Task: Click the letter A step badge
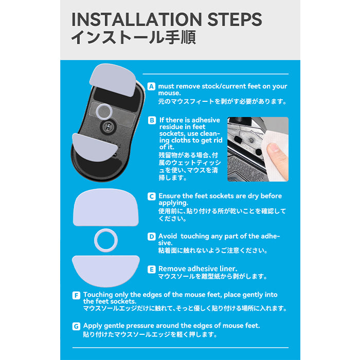(x=151, y=86)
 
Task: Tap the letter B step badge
(x=152, y=120)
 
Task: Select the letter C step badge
(x=152, y=196)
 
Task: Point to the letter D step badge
(x=152, y=237)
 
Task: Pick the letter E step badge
(x=152, y=269)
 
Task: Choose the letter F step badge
(x=76, y=295)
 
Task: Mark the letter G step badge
(x=76, y=326)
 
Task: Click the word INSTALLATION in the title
(x=137, y=20)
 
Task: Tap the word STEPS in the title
(x=235, y=20)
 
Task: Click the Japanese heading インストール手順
(x=134, y=38)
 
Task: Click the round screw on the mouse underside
(x=107, y=126)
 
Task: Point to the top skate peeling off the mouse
(x=113, y=79)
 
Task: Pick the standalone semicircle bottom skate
(x=106, y=271)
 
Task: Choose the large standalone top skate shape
(x=106, y=207)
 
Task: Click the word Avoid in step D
(x=168, y=236)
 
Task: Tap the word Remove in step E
(x=170, y=269)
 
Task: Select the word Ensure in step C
(x=169, y=196)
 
